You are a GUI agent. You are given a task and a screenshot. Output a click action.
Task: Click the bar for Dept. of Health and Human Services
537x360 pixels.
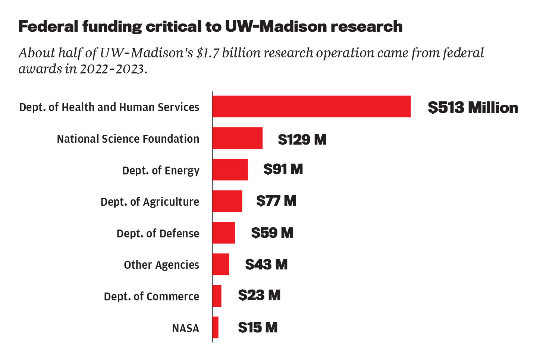click(311, 107)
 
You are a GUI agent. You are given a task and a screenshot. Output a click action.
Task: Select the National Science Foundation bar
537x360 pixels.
click(238, 138)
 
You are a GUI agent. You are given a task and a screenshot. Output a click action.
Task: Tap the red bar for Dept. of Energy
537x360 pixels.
click(230, 170)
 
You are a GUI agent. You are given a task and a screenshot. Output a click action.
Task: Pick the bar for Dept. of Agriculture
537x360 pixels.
click(227, 201)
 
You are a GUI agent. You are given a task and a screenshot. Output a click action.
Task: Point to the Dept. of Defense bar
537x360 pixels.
click(224, 233)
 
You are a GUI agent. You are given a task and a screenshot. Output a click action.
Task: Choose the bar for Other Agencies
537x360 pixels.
click(221, 264)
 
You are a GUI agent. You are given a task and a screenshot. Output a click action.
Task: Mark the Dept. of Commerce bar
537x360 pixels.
click(217, 296)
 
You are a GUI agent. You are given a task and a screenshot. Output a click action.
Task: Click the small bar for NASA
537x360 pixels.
click(216, 328)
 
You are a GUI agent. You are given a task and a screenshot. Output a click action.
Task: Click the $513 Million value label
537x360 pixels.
click(473, 107)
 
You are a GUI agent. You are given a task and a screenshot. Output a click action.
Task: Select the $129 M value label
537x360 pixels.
click(302, 139)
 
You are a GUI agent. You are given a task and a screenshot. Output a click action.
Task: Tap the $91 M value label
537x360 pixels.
click(283, 169)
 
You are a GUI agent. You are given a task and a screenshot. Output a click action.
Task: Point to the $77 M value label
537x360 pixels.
click(276, 201)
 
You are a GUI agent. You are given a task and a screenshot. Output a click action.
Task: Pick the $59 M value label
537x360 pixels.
click(272, 233)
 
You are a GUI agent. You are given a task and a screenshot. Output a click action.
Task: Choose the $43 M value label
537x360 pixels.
click(266, 265)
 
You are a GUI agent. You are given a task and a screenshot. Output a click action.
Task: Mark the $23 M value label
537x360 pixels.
click(259, 295)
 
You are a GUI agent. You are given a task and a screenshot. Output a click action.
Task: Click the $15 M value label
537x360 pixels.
click(258, 328)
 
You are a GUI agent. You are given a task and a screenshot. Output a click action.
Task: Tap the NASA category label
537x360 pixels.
click(185, 328)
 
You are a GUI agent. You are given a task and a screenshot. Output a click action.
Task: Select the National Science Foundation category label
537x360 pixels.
click(128, 139)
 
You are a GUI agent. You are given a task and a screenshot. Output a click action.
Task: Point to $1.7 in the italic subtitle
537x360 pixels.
click(208, 53)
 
